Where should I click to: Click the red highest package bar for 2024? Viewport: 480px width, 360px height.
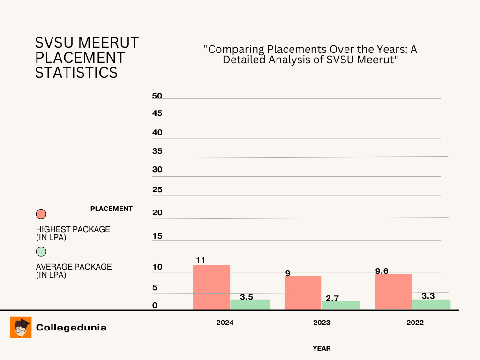[x=211, y=287]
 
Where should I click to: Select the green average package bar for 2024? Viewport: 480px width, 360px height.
[x=250, y=304]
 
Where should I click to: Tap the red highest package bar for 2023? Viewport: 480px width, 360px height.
[x=303, y=292]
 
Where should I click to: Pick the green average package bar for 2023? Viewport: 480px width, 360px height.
[x=341, y=305]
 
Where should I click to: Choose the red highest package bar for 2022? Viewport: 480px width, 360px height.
[x=393, y=292]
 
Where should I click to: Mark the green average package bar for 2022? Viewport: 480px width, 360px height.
[x=431, y=304]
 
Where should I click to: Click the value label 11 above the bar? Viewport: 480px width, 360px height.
[x=201, y=260]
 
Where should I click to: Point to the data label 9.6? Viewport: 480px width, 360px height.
[x=382, y=270]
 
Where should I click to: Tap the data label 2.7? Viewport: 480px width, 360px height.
[x=332, y=297]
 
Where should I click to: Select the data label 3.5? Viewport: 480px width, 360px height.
[x=247, y=297]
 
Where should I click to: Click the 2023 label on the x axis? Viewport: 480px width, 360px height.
[x=322, y=322]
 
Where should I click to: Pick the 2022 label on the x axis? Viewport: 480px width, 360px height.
[x=415, y=322]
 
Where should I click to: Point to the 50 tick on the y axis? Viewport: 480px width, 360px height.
[x=157, y=96]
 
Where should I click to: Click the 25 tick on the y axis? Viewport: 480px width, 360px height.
[x=157, y=190]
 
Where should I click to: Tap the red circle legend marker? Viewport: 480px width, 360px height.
[x=41, y=214]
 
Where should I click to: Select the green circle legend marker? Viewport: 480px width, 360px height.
[x=41, y=251]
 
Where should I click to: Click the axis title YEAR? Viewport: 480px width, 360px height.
[x=322, y=348]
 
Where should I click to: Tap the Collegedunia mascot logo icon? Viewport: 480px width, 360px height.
[x=21, y=327]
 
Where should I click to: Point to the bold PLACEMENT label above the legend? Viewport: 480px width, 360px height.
[x=112, y=209]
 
